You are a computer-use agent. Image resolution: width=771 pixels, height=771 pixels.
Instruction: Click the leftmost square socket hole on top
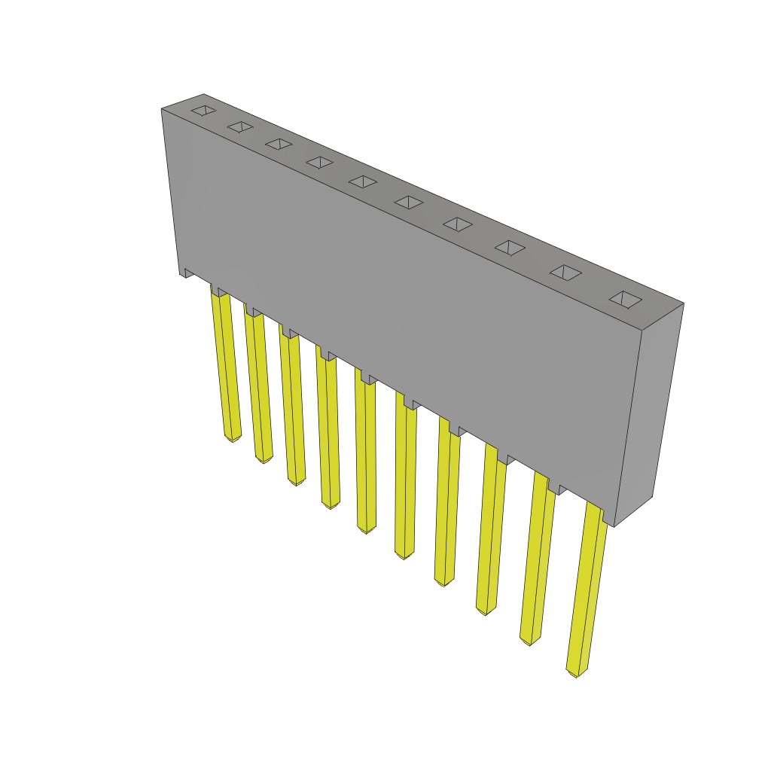tap(203, 111)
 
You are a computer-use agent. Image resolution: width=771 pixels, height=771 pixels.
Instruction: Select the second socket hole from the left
tap(240, 126)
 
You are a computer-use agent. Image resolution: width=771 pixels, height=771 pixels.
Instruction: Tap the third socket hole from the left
tap(279, 144)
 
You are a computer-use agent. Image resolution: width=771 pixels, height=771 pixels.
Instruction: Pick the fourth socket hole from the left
tap(319, 163)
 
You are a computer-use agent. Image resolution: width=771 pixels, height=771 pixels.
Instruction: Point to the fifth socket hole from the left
tap(363, 181)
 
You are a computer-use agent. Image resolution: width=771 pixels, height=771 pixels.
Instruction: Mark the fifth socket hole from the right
tap(409, 202)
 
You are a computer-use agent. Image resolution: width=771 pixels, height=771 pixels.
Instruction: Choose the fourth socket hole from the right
tap(458, 224)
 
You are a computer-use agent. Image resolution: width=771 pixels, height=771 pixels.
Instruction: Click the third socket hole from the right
tap(510, 247)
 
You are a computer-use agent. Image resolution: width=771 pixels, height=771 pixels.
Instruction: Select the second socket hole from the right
tap(565, 273)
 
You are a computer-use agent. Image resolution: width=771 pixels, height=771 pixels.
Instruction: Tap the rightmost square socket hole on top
tap(626, 300)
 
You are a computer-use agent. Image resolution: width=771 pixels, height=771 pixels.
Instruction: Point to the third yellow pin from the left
tap(292, 407)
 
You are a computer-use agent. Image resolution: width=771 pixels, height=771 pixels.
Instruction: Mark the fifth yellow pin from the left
tap(365, 456)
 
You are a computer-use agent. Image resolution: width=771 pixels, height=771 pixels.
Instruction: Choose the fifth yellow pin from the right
tap(405, 482)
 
